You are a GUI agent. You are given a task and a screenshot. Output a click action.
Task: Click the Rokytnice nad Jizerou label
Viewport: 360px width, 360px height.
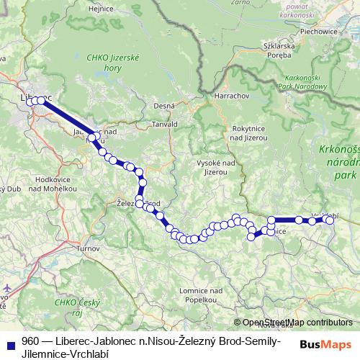(x=248, y=132)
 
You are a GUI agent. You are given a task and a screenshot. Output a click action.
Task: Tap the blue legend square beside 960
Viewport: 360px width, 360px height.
(x=9, y=343)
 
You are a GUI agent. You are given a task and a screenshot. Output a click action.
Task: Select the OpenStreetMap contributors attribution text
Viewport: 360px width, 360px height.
(x=293, y=323)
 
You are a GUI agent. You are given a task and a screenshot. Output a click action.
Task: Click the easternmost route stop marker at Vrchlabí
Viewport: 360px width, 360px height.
(x=330, y=220)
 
